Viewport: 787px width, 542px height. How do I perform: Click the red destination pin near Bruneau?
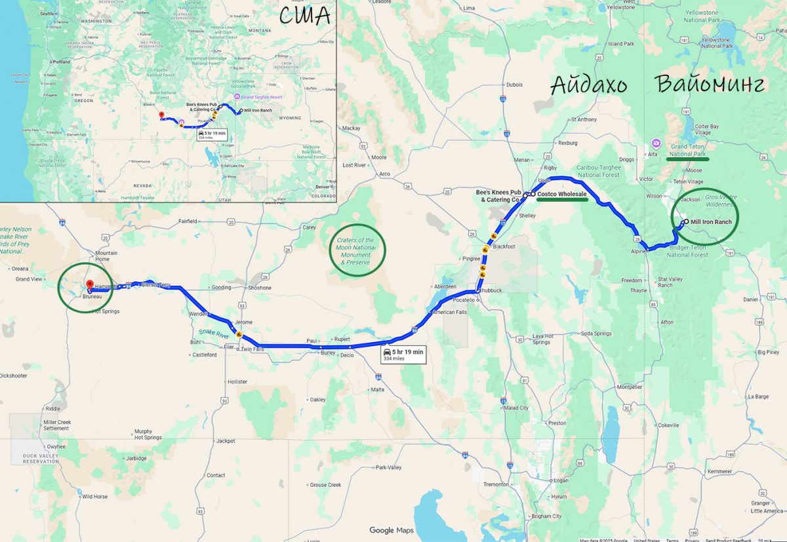pos(90,286)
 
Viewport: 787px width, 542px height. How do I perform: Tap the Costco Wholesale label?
pos(562,195)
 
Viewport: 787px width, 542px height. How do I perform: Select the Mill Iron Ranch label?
pos(711,222)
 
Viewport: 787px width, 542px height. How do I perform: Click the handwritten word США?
pos(304,16)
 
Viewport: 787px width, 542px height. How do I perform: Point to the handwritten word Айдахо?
pos(588,85)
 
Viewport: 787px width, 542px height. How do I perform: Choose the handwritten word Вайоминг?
pos(710,85)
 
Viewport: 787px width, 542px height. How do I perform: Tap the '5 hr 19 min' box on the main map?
pos(403,355)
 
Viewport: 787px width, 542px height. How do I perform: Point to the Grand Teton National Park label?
pos(688,150)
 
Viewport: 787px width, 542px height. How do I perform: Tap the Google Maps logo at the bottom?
pos(391,530)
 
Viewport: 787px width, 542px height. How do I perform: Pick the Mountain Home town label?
pos(106,256)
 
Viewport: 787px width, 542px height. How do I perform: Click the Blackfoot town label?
pos(504,246)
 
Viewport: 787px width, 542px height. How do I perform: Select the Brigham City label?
pos(546,516)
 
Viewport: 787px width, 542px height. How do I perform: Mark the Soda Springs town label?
pos(595,334)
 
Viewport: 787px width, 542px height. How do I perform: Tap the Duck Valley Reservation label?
pos(40,458)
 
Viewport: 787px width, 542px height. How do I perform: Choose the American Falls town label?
pos(449,313)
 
